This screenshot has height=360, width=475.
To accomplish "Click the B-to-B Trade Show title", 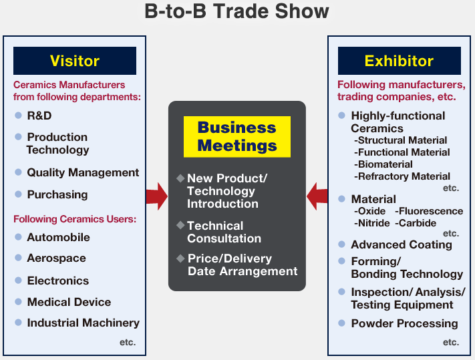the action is tap(236, 11).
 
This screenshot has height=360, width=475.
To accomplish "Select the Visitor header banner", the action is tap(75, 61).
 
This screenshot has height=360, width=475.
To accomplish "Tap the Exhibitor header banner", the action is tap(400, 61).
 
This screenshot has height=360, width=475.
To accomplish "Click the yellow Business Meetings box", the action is tap(237, 136).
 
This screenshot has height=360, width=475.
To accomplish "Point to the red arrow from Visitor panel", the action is tap(156, 196).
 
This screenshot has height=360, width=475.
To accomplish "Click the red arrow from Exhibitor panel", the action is tap(317, 196).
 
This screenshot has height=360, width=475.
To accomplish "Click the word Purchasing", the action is tap(57, 194).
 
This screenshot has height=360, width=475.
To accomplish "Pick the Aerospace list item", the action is tap(57, 258).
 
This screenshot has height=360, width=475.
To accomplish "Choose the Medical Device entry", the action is tap(69, 302).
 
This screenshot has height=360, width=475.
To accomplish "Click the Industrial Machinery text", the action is tap(84, 323).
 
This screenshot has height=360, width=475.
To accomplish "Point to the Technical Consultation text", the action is tap(224, 232).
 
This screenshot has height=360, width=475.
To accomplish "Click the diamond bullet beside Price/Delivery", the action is tap(180, 258).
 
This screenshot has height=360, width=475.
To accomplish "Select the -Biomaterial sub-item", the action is tap(383, 164).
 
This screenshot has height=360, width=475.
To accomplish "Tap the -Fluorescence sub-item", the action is tap(429, 211).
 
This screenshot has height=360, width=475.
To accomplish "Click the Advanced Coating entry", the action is tap(402, 244).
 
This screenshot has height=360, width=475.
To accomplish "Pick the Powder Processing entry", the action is tap(404, 323).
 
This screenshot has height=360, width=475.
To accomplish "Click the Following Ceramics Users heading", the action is tap(75, 219).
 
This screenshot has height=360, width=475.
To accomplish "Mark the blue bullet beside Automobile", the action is tap(18, 236).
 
